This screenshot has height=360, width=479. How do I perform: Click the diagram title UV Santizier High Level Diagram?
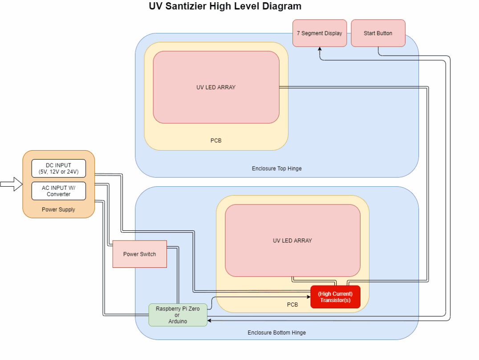tap(225, 6)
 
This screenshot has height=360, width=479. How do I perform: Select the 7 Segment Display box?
tap(319, 33)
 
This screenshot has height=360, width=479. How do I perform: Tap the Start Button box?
tap(378, 33)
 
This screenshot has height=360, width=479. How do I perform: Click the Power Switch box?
tap(139, 254)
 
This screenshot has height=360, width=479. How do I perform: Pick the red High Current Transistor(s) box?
tap(335, 297)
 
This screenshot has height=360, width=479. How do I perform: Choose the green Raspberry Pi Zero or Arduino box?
tap(178, 315)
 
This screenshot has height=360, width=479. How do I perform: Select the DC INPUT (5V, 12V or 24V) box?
tap(58, 168)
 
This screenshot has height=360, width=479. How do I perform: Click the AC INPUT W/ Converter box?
tap(58, 191)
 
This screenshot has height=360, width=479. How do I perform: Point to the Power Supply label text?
tap(58, 209)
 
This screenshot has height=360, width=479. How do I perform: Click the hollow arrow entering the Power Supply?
tap(11, 184)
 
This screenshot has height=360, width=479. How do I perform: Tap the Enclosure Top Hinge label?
tap(276, 168)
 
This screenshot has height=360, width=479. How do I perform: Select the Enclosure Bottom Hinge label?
tap(276, 332)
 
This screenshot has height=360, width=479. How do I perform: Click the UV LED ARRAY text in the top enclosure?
tap(216, 87)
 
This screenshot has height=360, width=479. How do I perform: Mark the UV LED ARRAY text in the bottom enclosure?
tap(292, 241)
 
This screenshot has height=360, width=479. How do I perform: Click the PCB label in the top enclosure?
tap(216, 141)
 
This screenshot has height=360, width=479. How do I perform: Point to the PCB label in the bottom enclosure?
tap(292, 305)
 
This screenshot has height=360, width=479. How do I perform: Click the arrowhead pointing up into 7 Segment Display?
tap(320, 49)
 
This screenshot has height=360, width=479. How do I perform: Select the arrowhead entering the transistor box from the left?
tap(308, 297)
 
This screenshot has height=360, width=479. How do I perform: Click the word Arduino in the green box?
tap(178, 321)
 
